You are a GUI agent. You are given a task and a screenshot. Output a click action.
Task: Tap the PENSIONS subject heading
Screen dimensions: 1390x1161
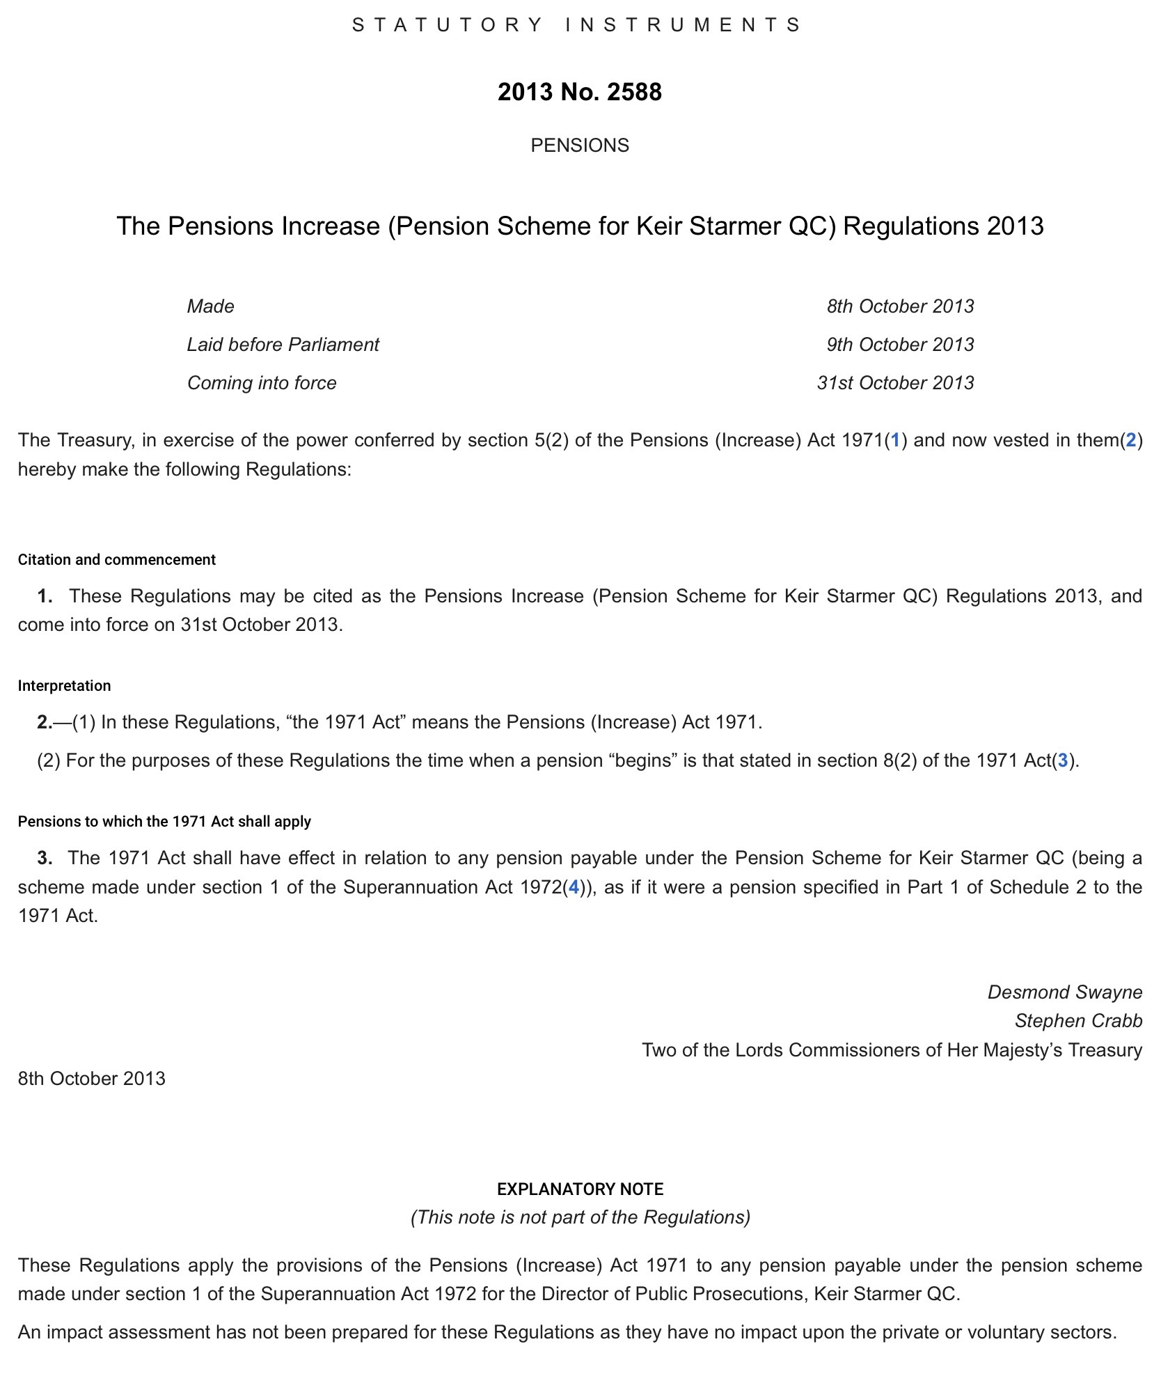coord(580,145)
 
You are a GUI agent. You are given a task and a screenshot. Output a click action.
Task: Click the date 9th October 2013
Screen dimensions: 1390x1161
coord(900,345)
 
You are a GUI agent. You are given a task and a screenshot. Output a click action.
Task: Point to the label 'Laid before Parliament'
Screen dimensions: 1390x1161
coord(283,345)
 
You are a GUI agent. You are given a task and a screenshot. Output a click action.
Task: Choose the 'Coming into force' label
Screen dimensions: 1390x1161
coord(262,383)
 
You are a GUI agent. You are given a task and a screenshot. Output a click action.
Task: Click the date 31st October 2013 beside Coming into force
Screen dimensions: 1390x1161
coord(895,383)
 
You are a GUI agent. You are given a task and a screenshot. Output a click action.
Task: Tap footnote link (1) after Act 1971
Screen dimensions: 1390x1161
coord(895,440)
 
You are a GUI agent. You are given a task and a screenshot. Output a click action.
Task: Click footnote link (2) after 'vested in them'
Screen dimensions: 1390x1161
coord(1130,440)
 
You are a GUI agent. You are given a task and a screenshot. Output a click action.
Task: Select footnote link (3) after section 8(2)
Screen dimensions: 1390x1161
coord(1062,760)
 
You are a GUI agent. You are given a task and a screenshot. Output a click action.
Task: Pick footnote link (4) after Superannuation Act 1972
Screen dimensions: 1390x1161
coord(574,887)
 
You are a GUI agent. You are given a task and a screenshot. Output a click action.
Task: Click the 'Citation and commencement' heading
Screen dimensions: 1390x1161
coord(117,560)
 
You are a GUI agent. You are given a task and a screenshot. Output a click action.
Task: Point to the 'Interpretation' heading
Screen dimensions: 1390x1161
coord(64,686)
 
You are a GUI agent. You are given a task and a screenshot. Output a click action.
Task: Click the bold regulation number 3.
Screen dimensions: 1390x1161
coord(45,858)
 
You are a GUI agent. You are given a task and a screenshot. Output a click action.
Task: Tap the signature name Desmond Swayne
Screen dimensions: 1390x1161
coord(1065,992)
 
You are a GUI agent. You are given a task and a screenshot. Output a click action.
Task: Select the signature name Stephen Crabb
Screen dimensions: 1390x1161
coord(1078,1021)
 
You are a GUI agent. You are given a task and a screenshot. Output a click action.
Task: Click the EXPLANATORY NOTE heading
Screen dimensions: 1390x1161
coord(580,1189)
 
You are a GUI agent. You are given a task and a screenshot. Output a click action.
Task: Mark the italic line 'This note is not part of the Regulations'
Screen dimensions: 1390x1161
coord(580,1217)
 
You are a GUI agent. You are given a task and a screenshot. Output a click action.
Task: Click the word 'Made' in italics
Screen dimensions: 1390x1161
coord(211,306)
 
